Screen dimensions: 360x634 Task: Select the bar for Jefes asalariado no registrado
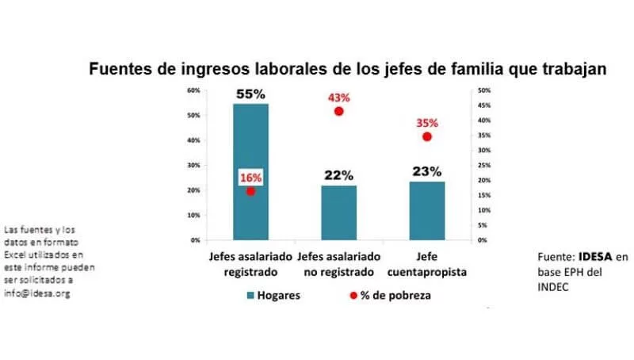coord(338,213)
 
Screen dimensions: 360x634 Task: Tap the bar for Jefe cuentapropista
coord(426,211)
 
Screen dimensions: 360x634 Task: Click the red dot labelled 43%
coord(339,111)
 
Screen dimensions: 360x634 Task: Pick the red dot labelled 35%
coord(426,136)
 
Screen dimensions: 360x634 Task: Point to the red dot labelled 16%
coord(250,191)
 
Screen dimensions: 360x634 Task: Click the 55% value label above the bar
coord(250,94)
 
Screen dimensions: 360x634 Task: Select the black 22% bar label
coord(338,175)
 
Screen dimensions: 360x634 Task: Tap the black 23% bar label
coord(426,171)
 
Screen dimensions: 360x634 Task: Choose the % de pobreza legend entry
coord(396,296)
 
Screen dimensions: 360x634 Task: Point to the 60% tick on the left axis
coord(193,90)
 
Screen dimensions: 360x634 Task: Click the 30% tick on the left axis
coord(193,166)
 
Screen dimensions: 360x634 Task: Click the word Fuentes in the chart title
coord(116,70)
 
